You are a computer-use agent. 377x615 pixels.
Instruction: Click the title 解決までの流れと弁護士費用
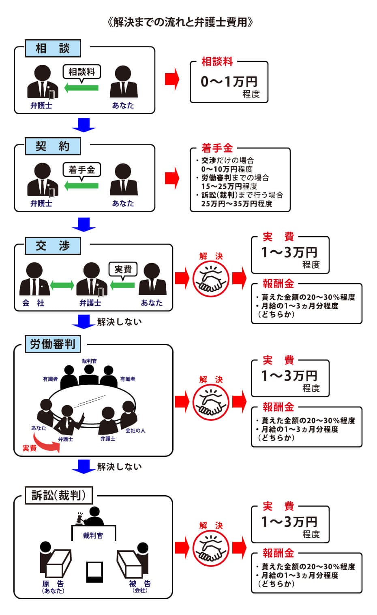point(180,22)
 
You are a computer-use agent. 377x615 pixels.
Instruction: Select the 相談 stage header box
point(53,49)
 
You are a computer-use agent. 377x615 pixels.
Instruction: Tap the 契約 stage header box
point(53,146)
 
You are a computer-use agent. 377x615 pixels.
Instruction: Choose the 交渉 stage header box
point(53,246)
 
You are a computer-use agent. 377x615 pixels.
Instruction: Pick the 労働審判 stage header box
point(53,344)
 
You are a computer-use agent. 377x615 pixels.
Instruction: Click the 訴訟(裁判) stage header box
point(58,495)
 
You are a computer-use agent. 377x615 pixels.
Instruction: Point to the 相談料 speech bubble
point(82,72)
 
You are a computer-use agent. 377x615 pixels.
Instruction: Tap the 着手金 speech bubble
point(82,170)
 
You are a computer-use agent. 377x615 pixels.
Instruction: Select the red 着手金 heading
point(217,148)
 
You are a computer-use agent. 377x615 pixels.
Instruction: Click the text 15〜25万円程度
point(229,186)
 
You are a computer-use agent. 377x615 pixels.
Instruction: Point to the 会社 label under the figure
point(33,303)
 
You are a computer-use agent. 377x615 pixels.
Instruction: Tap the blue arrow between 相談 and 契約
point(84,125)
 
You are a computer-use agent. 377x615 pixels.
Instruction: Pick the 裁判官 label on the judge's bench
point(93,535)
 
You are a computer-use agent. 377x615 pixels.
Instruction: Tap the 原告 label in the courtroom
point(53,584)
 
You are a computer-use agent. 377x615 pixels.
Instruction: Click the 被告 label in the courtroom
point(140,584)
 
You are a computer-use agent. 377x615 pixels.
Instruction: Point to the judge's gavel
point(78,515)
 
